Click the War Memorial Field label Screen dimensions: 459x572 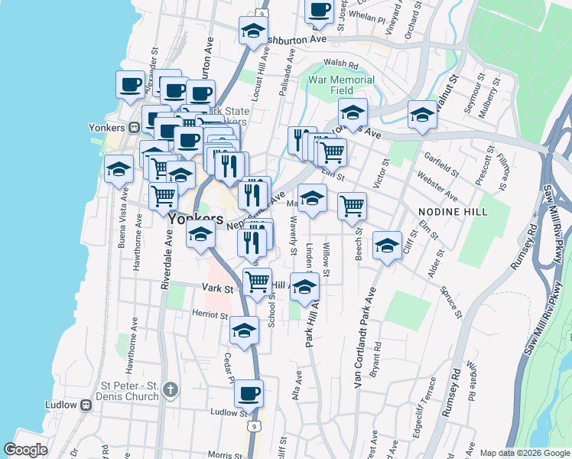point(342,85)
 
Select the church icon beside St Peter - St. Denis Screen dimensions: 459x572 point(170,390)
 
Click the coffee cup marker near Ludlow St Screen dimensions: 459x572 point(249,395)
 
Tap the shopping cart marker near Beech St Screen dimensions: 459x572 point(352,205)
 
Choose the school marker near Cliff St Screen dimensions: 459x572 point(388,246)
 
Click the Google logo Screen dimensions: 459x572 point(25,451)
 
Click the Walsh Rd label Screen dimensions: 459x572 point(341,64)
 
